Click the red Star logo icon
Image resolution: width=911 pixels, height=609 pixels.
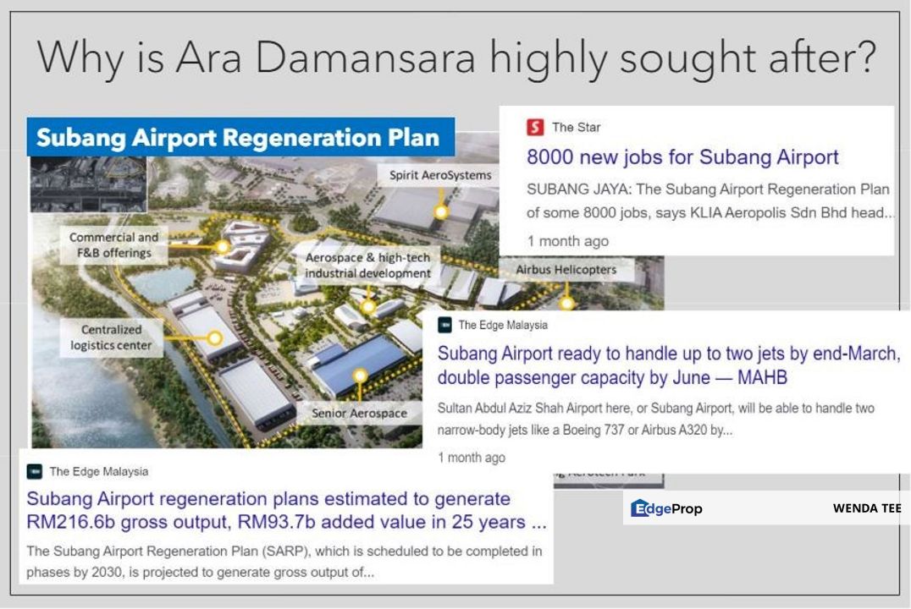pyautogui.click(x=535, y=127)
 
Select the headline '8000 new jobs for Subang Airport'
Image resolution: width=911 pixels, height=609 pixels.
pyautogui.click(x=682, y=157)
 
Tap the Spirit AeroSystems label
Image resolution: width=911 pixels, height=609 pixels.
pyautogui.click(x=439, y=175)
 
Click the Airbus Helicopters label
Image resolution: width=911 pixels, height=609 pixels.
pyautogui.click(x=566, y=270)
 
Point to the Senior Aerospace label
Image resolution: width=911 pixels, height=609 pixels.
pyautogui.click(x=359, y=413)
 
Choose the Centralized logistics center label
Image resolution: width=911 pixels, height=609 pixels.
pyautogui.click(x=111, y=337)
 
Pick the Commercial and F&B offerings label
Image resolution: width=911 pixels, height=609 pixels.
pyautogui.click(x=113, y=245)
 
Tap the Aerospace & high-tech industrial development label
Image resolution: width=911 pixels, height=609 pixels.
pyautogui.click(x=367, y=265)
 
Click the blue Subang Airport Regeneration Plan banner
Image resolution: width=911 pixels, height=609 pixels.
pyautogui.click(x=238, y=138)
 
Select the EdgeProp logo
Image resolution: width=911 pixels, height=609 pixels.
pyautogui.click(x=666, y=508)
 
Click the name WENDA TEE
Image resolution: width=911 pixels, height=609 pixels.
pyautogui.click(x=867, y=508)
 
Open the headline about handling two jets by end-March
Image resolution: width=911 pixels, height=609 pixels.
pyautogui.click(x=668, y=365)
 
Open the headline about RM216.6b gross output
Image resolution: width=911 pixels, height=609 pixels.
pyautogui.click(x=285, y=510)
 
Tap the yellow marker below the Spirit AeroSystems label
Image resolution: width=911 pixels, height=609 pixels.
pyautogui.click(x=440, y=211)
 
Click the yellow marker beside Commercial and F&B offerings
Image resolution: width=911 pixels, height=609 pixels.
pyautogui.click(x=222, y=247)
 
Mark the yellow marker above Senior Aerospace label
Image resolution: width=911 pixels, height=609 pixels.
pyautogui.click(x=360, y=375)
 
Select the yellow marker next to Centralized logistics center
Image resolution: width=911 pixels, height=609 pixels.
pyautogui.click(x=215, y=338)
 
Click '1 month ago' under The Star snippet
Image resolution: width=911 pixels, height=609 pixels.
pyautogui.click(x=567, y=241)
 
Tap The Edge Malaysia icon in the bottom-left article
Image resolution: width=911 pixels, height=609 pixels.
pyautogui.click(x=35, y=471)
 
